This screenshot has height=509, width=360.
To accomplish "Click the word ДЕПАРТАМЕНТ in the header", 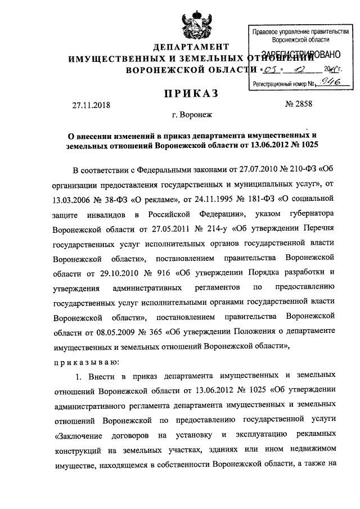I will [192, 47].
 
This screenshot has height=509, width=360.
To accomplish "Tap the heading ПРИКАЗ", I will [192, 92].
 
